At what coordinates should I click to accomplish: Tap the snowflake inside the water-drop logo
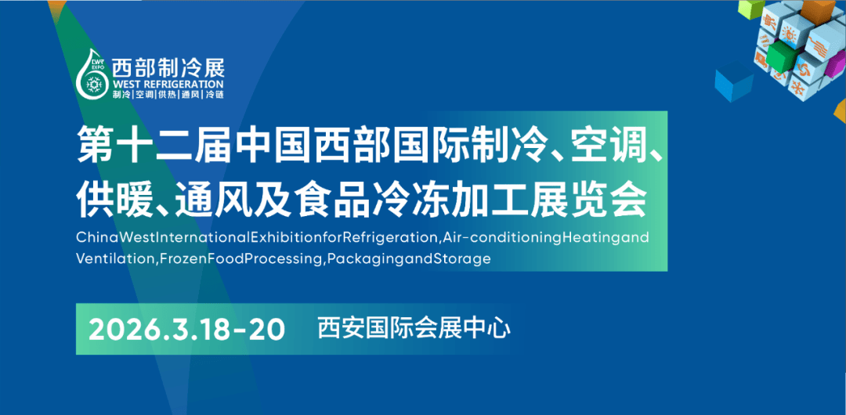(96, 85)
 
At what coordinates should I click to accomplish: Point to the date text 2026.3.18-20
(186, 329)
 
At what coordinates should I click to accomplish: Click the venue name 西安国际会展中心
(414, 329)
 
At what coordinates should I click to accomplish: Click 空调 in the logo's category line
(143, 95)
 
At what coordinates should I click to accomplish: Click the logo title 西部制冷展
(168, 67)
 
